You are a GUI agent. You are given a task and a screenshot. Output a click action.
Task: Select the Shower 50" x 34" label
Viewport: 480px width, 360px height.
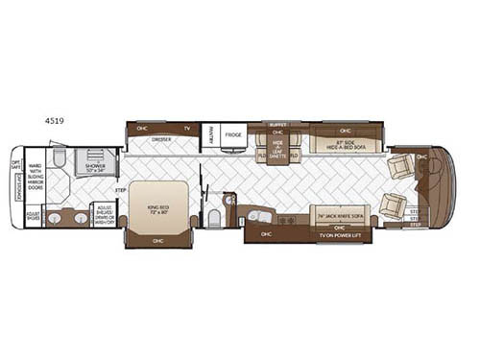pyautogui.click(x=94, y=165)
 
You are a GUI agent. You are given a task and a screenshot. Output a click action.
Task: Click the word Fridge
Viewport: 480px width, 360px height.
pyautogui.click(x=233, y=135)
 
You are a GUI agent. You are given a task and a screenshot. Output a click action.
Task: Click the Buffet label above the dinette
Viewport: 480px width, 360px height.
pyautogui.click(x=277, y=124)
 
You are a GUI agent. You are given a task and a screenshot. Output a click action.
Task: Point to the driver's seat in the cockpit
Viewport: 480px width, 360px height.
pyautogui.click(x=398, y=167)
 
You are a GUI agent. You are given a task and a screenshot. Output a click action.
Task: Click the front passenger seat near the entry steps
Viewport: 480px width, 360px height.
pyautogui.click(x=392, y=204)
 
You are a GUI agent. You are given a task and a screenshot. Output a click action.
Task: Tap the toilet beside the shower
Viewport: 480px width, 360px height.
pyautogui.click(x=60, y=156)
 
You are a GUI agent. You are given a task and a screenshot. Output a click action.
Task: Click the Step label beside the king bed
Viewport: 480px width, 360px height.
pyautogui.click(x=120, y=189)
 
